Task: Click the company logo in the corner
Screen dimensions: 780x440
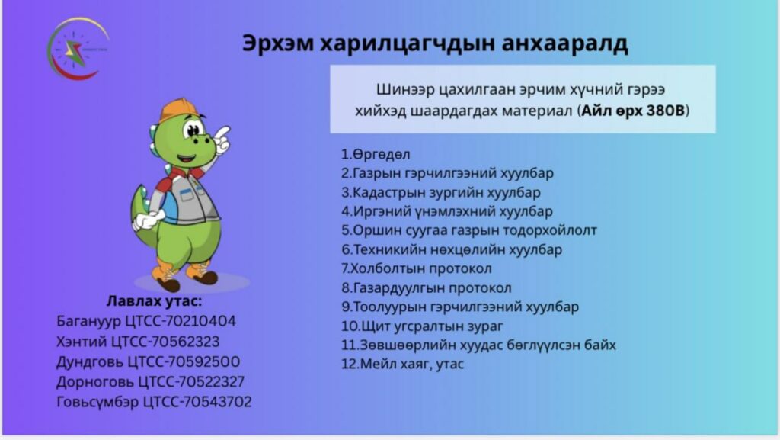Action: [x=78, y=49]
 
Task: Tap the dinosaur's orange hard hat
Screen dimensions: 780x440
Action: [x=178, y=110]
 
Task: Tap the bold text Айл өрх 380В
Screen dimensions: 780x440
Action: [x=633, y=110]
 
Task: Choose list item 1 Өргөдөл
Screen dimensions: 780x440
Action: [x=376, y=154]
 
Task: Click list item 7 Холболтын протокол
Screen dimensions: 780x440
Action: [x=417, y=268]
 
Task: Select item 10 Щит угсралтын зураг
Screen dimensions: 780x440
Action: [x=422, y=326]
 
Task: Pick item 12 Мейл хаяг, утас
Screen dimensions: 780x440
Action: [x=402, y=365]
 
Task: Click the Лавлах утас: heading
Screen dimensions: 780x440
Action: [x=154, y=301]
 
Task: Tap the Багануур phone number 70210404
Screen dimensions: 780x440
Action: [x=201, y=321]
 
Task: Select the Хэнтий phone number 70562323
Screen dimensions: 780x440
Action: [x=185, y=342]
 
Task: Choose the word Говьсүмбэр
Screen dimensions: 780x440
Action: [x=97, y=402]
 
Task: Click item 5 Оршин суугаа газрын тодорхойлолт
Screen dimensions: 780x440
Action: [x=469, y=230]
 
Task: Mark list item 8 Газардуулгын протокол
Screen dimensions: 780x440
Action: [x=427, y=288]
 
